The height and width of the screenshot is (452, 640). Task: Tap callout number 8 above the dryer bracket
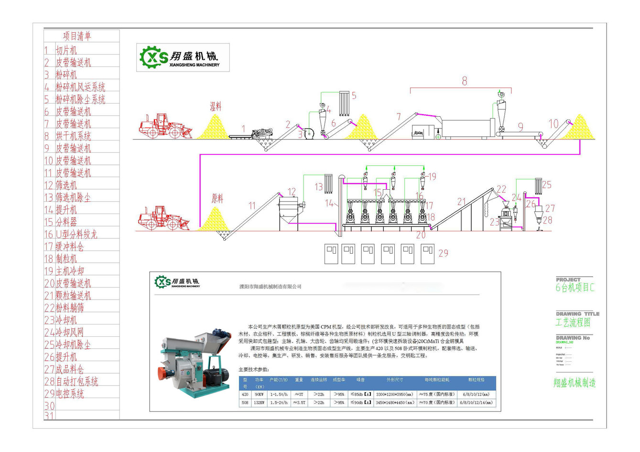click(x=464, y=81)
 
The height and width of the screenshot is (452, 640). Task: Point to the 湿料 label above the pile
click(x=216, y=106)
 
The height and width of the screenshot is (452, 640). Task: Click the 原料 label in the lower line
click(x=217, y=198)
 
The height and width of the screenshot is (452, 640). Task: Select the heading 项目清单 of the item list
click(x=77, y=36)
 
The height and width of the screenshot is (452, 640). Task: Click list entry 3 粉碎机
click(x=66, y=75)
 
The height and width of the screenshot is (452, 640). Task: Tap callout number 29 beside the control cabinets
click(x=443, y=253)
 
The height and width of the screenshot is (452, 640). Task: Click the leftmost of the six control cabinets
click(x=331, y=253)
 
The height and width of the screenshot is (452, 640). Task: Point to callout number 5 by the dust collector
click(x=354, y=96)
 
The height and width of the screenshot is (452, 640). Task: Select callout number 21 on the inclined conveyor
click(x=461, y=202)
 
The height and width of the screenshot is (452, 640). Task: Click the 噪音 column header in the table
click(x=361, y=380)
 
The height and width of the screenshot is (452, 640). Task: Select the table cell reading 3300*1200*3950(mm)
click(x=395, y=395)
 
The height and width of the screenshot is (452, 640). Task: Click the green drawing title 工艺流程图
click(x=573, y=323)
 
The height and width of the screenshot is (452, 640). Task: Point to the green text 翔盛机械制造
click(x=575, y=383)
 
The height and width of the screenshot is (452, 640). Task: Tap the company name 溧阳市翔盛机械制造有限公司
click(x=271, y=287)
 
